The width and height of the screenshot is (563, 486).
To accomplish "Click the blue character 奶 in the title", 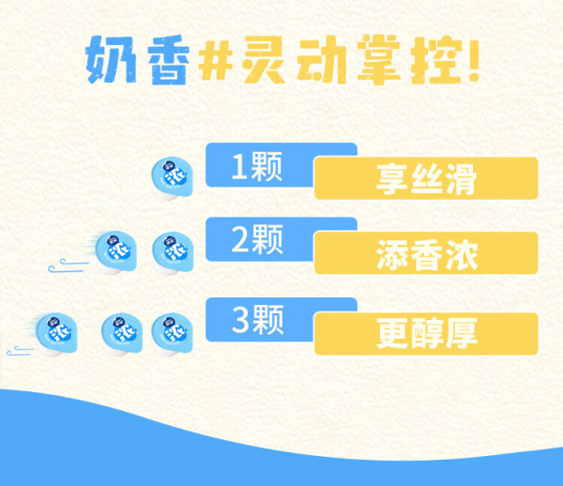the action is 112,60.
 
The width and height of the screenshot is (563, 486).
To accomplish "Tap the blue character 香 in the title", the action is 169,60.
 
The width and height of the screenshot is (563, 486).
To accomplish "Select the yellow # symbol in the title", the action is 216,60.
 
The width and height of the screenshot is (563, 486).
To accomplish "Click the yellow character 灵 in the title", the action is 263,60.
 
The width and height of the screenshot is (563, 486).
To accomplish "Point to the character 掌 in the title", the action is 379,60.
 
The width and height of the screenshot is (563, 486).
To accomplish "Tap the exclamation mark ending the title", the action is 474,60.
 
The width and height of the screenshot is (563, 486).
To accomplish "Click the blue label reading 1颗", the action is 257,167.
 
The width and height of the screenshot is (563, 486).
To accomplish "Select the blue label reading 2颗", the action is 257,239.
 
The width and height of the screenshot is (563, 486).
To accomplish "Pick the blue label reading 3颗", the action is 258,320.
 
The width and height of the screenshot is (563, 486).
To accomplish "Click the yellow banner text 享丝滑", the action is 426,178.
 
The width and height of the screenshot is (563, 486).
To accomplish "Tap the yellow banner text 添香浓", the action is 427,254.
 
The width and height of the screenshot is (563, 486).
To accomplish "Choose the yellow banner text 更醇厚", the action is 427,333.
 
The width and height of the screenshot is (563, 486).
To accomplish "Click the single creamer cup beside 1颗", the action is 172,178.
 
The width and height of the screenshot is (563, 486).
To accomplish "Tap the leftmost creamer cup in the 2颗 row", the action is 115,252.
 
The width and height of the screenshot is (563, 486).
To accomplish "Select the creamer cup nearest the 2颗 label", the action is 173,253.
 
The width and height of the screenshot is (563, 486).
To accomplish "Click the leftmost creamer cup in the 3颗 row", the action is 56,335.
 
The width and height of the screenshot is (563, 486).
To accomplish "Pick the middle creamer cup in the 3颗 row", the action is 122,335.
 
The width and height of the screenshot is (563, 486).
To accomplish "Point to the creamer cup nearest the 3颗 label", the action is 172,335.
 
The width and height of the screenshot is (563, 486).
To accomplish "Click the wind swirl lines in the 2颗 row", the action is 68,266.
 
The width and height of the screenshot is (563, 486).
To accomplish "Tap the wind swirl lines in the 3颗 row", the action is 20,351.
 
